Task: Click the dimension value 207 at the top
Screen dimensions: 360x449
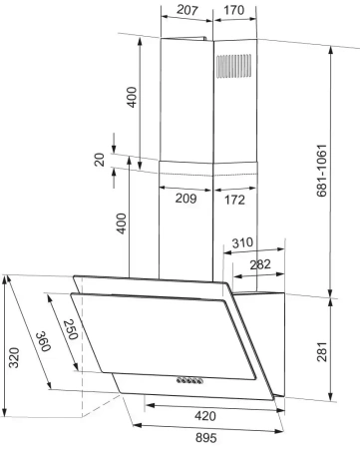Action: click(x=187, y=10)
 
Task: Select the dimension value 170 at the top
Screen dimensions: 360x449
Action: click(x=234, y=10)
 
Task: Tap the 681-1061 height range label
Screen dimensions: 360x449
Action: click(x=321, y=171)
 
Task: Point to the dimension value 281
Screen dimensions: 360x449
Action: click(x=322, y=351)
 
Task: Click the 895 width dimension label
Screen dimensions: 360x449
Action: click(x=206, y=437)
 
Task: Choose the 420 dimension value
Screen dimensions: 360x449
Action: click(x=205, y=416)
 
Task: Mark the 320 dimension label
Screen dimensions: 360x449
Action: click(x=14, y=357)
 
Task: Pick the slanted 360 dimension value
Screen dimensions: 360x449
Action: click(x=43, y=341)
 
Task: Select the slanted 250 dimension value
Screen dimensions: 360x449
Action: click(x=70, y=329)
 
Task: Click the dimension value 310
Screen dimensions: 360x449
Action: click(x=242, y=242)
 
